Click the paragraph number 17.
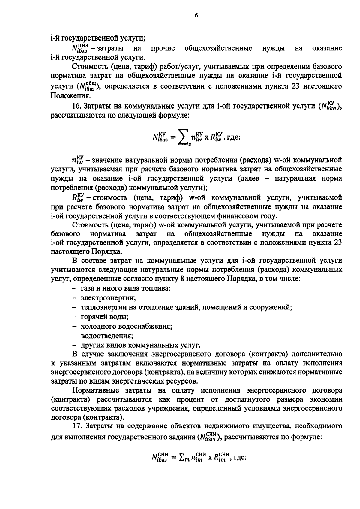77,426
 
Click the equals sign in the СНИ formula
172,458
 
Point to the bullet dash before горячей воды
74,317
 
